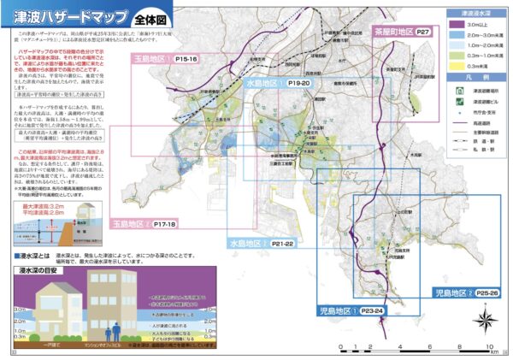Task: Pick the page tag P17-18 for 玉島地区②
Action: click(165, 224)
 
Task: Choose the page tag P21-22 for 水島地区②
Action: click(279, 244)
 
